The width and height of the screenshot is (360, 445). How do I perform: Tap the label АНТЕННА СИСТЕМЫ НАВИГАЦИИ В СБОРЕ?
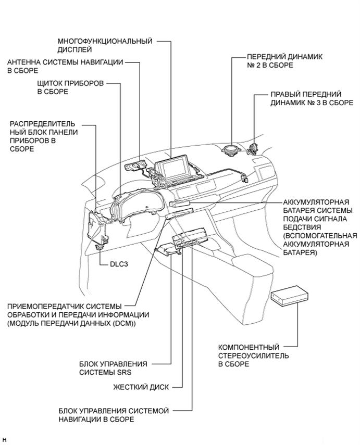click(x=65, y=67)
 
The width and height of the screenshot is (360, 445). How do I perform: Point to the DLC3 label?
click(x=119, y=264)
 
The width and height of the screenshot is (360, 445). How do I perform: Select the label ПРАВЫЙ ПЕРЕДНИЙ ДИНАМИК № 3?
click(x=305, y=99)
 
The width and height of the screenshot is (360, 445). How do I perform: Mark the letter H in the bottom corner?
click(x=4, y=440)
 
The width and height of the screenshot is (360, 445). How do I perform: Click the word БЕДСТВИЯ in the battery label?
click(x=300, y=227)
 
